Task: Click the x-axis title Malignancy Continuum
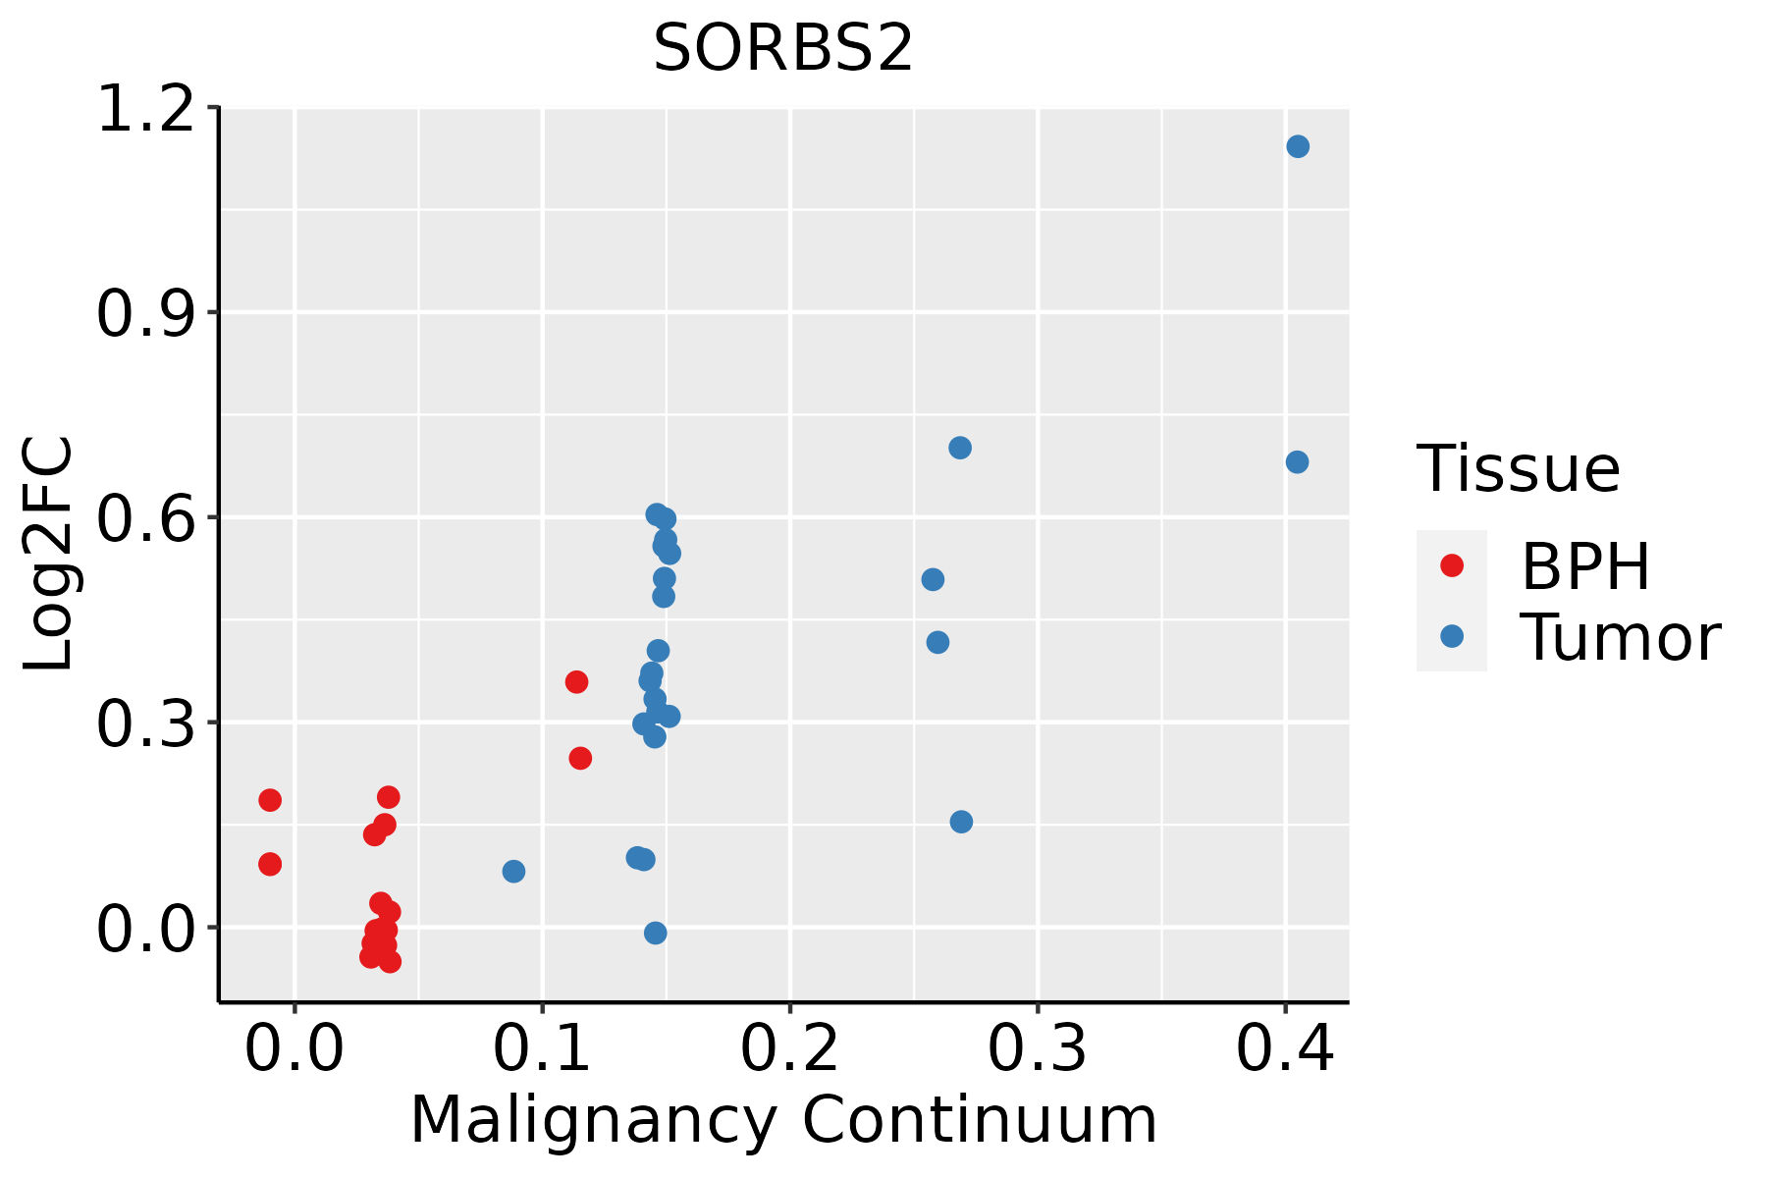[783, 1120]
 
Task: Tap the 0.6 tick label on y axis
[143, 518]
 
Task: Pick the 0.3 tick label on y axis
[143, 723]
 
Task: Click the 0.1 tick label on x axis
[542, 1048]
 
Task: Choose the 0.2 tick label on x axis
[789, 1048]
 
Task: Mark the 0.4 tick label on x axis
[1284, 1048]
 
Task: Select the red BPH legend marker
[1451, 565]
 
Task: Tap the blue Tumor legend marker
[1451, 636]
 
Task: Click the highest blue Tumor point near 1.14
[1298, 146]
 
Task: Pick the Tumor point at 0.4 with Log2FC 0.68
[1297, 462]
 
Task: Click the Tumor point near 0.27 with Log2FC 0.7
[960, 448]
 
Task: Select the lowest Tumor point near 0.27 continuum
[961, 822]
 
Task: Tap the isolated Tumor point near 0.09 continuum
[513, 872]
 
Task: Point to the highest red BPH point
[576, 682]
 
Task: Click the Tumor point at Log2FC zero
[656, 933]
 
